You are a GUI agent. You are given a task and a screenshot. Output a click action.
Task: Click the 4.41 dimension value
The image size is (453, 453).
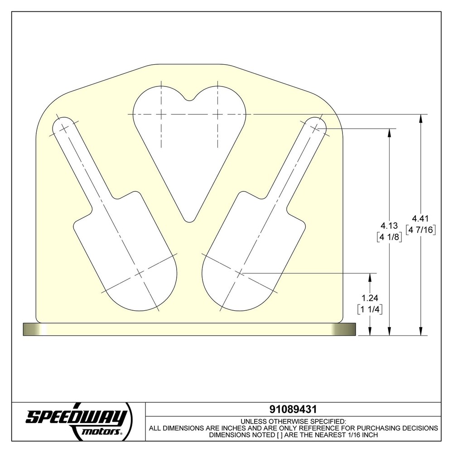pyautogui.click(x=420, y=218)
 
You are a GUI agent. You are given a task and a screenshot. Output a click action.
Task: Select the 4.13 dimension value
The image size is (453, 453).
pyautogui.click(x=389, y=225)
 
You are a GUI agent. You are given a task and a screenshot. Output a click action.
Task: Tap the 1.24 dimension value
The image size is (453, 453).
pyautogui.click(x=370, y=298)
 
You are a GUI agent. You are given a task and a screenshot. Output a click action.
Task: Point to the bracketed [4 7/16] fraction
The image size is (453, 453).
pyautogui.click(x=421, y=230)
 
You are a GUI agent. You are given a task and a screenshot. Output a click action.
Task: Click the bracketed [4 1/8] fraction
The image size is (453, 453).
pyautogui.click(x=389, y=237)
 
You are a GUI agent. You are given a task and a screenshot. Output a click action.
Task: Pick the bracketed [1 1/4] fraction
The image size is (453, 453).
pyautogui.click(x=370, y=309)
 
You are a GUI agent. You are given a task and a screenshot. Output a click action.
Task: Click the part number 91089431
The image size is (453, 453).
pyautogui.click(x=293, y=410)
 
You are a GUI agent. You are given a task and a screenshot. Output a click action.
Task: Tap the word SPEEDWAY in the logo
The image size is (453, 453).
pyautogui.click(x=76, y=417)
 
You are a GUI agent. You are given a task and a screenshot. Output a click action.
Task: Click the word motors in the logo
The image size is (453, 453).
pyautogui.click(x=101, y=432)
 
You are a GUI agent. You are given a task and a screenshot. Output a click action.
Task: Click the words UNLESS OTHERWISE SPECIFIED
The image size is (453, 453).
pyautogui.click(x=293, y=421)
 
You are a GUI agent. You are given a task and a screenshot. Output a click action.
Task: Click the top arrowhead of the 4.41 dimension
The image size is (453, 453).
pyautogui.click(x=421, y=119)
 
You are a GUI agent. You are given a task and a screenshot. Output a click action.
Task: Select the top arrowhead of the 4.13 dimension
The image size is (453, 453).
pyautogui.click(x=389, y=133)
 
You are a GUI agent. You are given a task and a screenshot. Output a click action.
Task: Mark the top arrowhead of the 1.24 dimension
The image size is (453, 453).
pyautogui.click(x=370, y=277)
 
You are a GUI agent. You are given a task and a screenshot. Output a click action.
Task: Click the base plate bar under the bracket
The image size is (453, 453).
pyautogui.click(x=189, y=329)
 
